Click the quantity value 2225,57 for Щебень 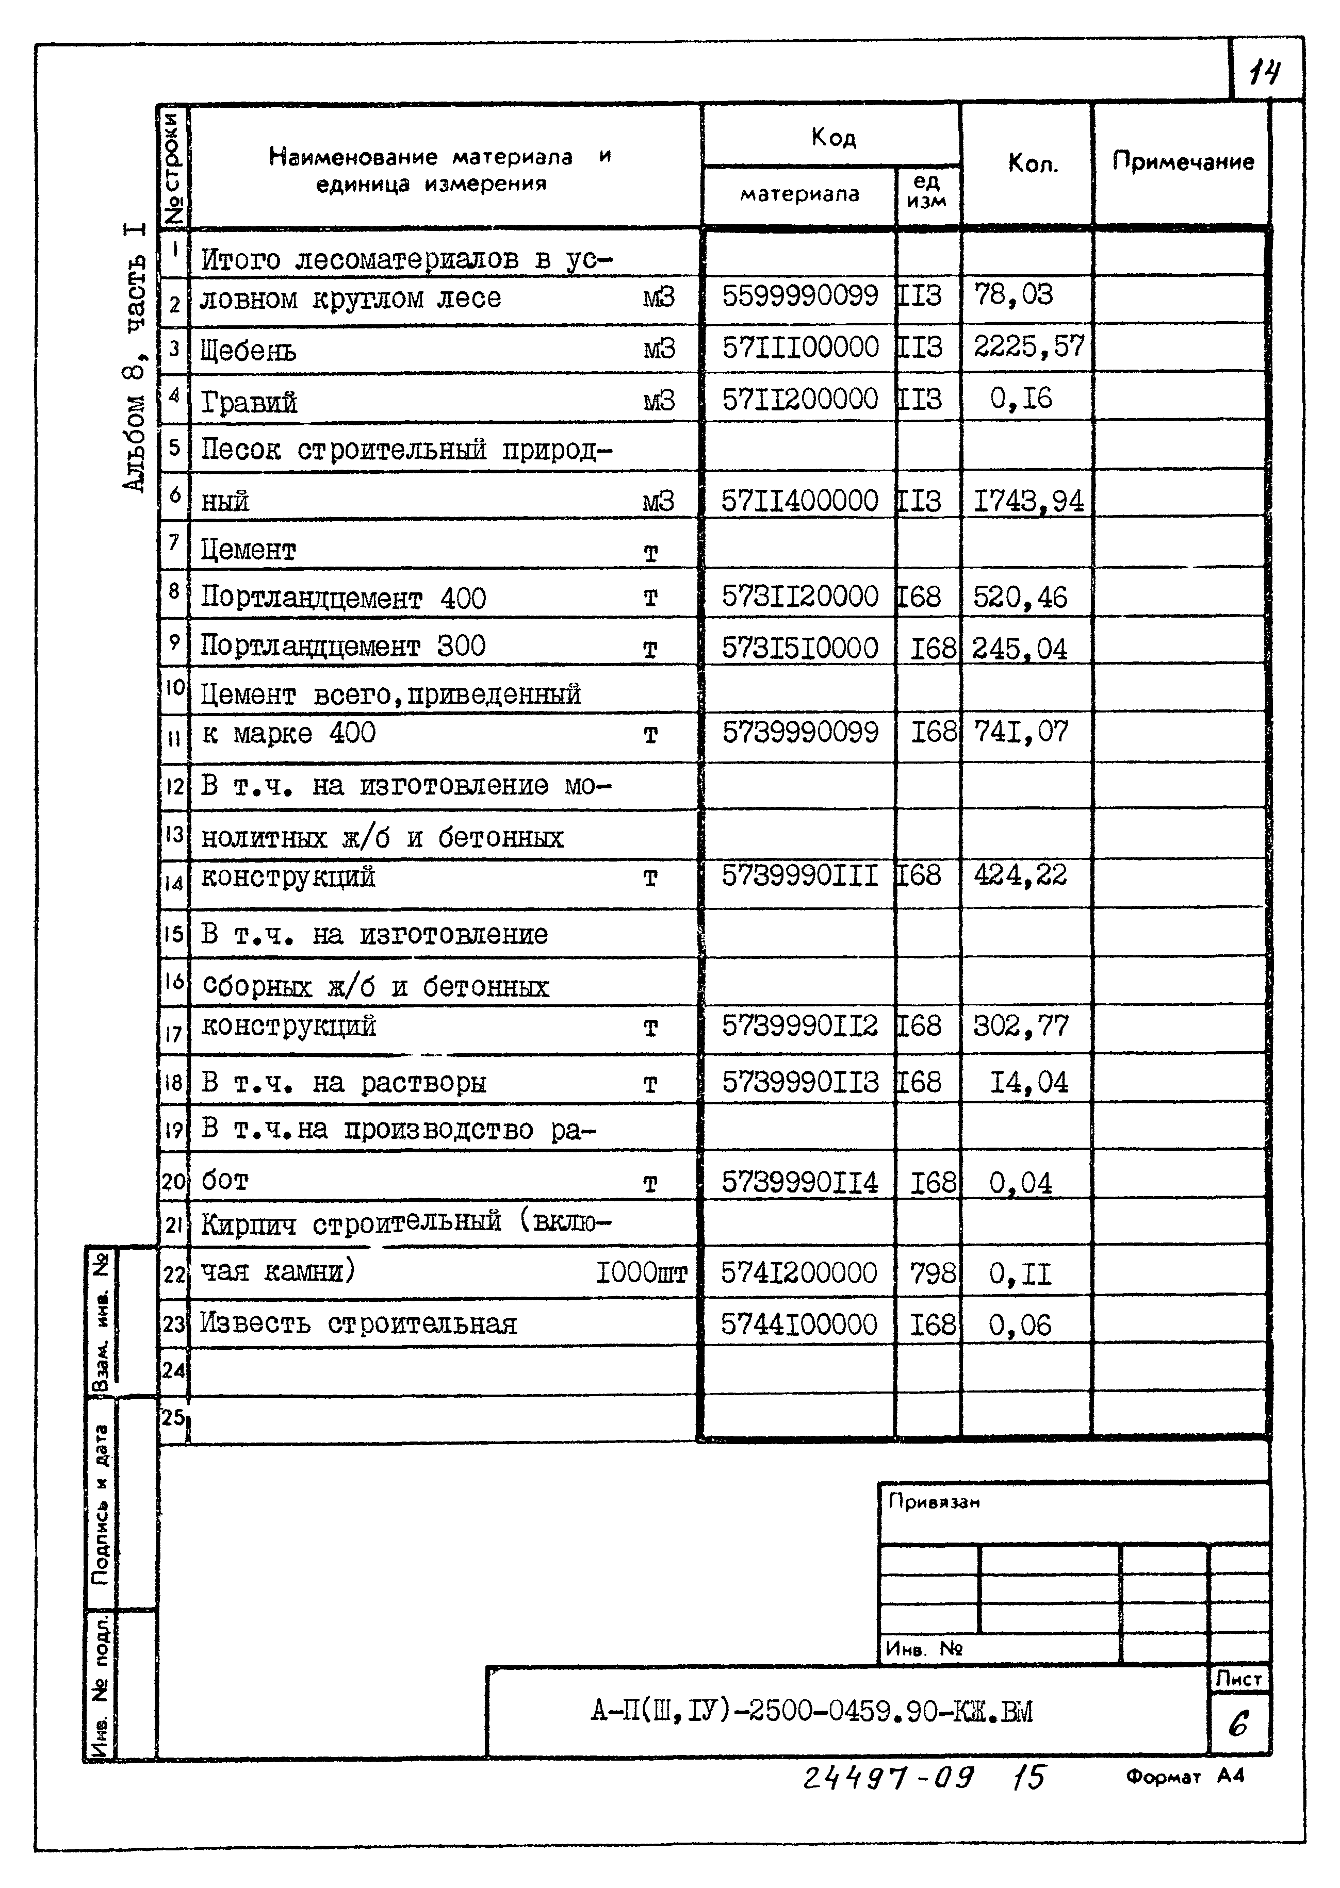(1028, 346)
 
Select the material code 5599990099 (799, 295)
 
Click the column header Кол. (1032, 163)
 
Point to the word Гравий (249, 403)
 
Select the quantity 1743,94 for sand (1028, 501)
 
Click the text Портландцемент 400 (343, 597)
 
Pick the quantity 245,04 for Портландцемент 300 (1019, 648)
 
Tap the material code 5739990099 (799, 732)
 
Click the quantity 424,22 (1020, 874)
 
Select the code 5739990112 (799, 1025)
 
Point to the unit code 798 (933, 1273)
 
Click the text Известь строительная (358, 1324)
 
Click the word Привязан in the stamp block (933, 1502)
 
